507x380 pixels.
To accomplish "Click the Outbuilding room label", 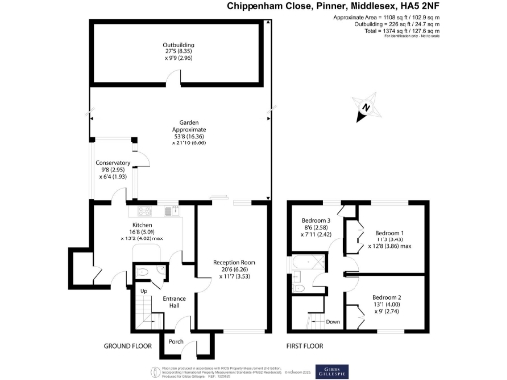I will coord(179,46).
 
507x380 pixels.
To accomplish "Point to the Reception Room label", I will coord(235,261).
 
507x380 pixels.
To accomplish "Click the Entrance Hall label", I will coord(174,299).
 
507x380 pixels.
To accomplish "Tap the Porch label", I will coord(176,342).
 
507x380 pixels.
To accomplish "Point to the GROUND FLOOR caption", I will coord(128,347).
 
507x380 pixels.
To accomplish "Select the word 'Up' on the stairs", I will coord(142,291).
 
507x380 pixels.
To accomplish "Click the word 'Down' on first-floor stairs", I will coord(332,322).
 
